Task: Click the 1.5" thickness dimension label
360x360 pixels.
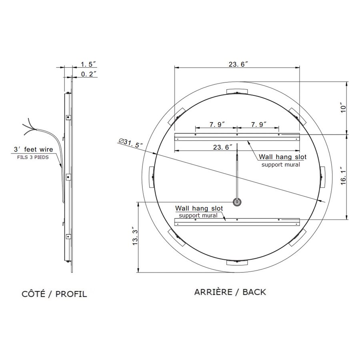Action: pos(88,64)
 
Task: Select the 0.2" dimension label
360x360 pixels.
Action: pos(88,74)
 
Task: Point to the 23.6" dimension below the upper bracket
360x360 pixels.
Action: pos(223,147)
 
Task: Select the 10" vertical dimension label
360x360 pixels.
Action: pos(342,108)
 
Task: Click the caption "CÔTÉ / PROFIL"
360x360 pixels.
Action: pos(54,294)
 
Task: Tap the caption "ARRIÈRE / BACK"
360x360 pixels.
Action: pos(230,292)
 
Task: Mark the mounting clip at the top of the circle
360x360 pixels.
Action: pos(237,91)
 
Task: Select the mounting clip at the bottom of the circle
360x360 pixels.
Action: pos(237,262)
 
